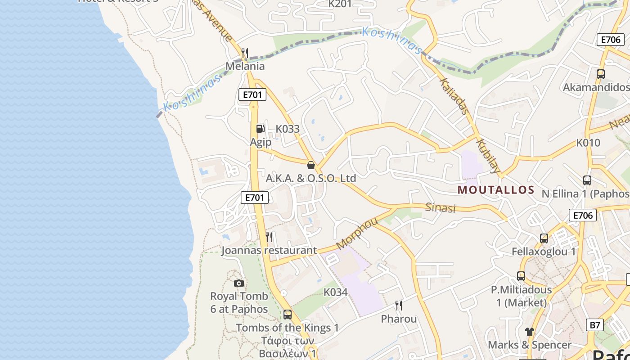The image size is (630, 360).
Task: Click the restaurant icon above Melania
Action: coord(245,53)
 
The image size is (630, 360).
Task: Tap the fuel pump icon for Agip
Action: coord(260,129)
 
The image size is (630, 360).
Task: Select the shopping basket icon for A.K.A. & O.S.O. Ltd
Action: coord(310,165)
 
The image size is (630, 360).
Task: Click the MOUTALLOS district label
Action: coord(496,190)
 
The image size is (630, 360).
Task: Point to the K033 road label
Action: coord(288,129)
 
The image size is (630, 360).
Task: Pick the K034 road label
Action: coord(336,292)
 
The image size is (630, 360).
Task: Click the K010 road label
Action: coord(588,143)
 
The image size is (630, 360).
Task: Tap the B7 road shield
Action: coord(595,324)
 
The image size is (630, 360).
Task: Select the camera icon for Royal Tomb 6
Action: coord(239,283)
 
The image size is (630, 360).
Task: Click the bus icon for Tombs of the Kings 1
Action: coord(288,314)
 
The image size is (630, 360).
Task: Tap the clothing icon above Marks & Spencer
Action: coord(529,332)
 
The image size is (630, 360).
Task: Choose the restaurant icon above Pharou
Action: coord(399,306)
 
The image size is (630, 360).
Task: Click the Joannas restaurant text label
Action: coord(269,250)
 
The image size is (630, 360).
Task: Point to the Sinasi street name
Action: coord(441,207)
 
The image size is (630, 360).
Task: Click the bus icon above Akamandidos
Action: coord(600,74)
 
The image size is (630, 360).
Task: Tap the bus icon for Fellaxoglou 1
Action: coord(544,238)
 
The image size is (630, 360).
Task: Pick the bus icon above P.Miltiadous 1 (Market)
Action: coord(521,276)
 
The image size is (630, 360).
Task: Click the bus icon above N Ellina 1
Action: coord(587,180)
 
